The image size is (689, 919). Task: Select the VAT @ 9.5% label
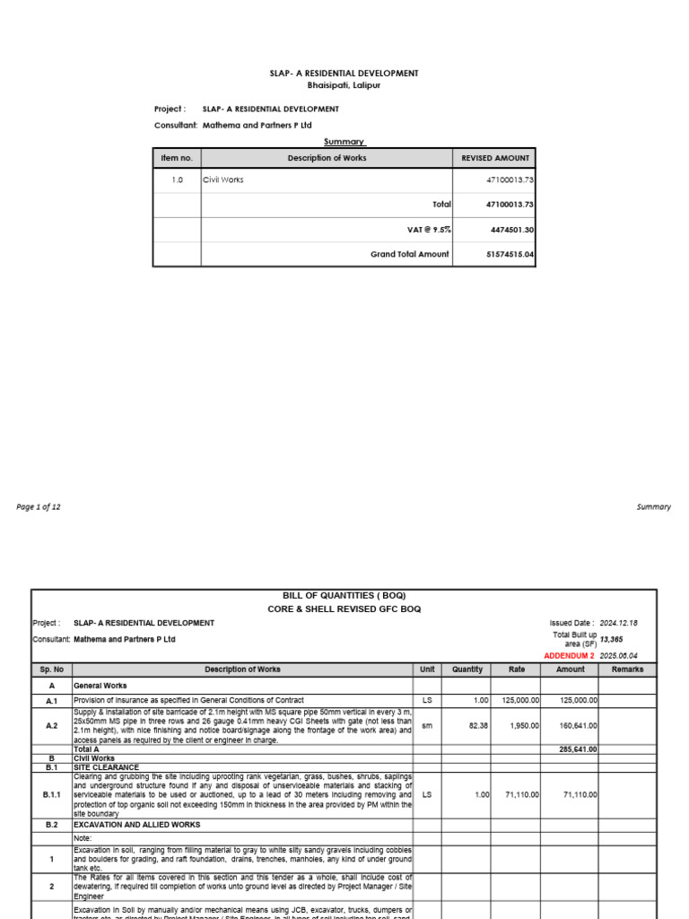(x=429, y=230)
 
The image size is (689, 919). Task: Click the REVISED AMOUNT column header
(x=495, y=158)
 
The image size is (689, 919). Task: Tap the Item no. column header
(x=177, y=158)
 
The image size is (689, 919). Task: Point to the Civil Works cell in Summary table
(x=223, y=179)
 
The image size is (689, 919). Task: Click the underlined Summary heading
(x=344, y=142)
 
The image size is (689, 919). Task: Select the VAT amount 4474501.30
(x=511, y=230)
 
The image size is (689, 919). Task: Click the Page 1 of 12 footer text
(x=39, y=506)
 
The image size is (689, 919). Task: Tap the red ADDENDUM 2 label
(x=569, y=656)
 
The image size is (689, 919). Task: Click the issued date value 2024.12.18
(x=618, y=623)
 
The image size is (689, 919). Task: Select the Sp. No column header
(x=51, y=670)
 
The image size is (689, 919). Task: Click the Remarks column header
(x=627, y=670)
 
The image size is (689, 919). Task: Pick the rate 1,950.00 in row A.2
(x=519, y=726)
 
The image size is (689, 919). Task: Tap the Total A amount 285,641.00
(x=578, y=748)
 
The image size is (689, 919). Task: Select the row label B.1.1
(x=51, y=793)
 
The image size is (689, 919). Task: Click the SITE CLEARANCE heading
(x=106, y=767)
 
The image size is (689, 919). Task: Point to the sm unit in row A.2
(x=427, y=726)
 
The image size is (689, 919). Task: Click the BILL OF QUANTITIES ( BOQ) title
(x=344, y=596)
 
